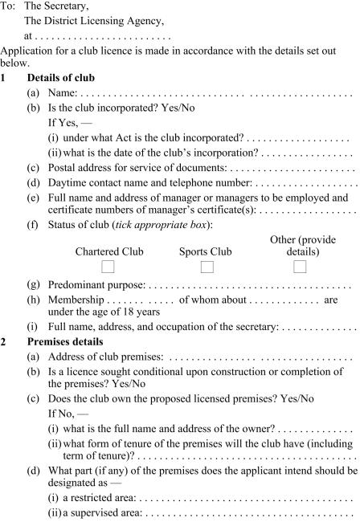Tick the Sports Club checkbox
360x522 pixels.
pyautogui.click(x=206, y=267)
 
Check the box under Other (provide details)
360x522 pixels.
pyautogui.click(x=301, y=267)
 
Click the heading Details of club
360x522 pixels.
pyautogui.click(x=61, y=77)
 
